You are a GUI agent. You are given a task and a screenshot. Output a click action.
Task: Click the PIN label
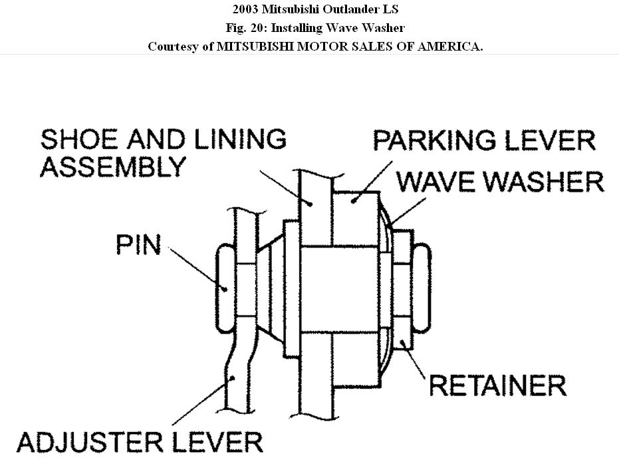click(x=138, y=244)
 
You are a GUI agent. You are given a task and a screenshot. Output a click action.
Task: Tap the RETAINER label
click(x=497, y=385)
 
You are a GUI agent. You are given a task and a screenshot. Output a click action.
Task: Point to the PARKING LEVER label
click(x=483, y=140)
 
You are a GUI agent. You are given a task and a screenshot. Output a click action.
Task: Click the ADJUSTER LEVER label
click(x=140, y=441)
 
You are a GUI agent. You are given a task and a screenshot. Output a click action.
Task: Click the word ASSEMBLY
click(x=113, y=166)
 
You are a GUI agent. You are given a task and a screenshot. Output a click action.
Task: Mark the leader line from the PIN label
click(x=196, y=268)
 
